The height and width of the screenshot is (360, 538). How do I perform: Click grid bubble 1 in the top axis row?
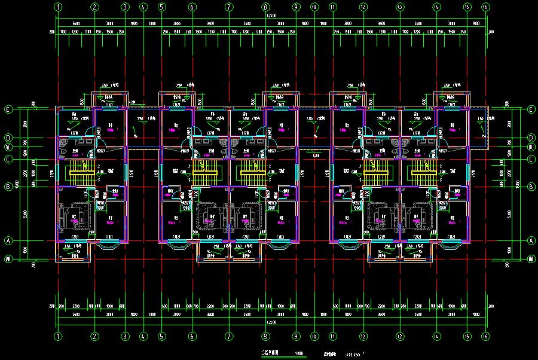(x=58, y=7)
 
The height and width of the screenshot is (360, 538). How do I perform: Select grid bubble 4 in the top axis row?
(x=143, y=7)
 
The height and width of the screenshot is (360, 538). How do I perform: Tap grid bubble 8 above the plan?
(x=265, y=7)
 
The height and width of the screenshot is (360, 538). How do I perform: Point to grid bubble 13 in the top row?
(x=399, y=7)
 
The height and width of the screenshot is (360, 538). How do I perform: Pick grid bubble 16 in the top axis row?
(x=485, y=7)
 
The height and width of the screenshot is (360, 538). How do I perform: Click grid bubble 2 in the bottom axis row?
(x=94, y=336)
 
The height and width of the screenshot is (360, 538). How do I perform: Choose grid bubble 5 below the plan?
(x=161, y=336)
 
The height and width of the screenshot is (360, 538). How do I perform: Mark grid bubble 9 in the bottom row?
(x=296, y=336)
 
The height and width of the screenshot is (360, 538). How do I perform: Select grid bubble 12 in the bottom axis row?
(x=363, y=336)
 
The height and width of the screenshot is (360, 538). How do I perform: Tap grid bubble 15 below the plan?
(x=467, y=336)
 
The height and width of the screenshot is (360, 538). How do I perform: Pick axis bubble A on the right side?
(x=531, y=241)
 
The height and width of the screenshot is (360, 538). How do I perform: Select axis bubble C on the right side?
(x=531, y=159)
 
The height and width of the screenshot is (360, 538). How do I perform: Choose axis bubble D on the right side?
(x=531, y=138)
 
